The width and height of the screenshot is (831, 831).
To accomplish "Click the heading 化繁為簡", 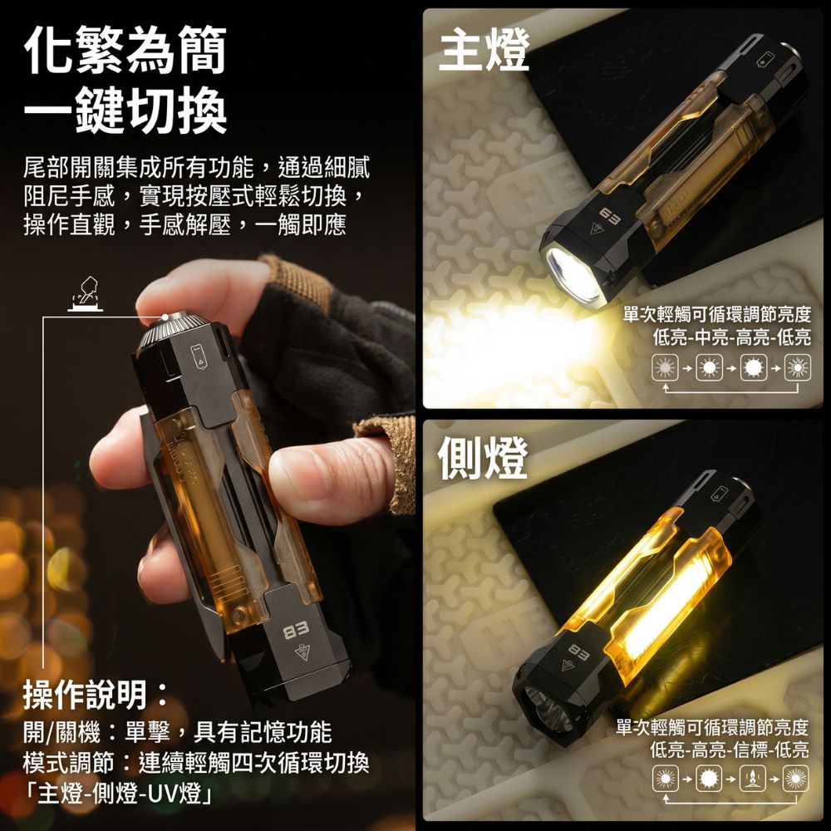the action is pos(125,49).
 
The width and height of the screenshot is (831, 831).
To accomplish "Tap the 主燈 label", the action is pos(484,49).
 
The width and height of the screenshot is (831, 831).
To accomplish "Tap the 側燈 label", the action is pos(483,457).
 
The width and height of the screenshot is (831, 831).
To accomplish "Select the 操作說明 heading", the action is pos(96,695).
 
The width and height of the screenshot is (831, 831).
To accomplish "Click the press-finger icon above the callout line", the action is pos(86,293).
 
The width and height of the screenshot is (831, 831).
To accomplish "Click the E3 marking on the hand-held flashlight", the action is pos(296,632).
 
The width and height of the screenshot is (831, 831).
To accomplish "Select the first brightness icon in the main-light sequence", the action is pos(666,368).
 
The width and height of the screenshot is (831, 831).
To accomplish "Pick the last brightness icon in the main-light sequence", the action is pos(798,368).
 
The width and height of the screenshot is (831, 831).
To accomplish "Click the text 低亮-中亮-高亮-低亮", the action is pos(731,337).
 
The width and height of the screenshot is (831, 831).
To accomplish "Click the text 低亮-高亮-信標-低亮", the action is pos(730,750).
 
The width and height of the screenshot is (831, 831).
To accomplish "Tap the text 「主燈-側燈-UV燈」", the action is pos(118,794).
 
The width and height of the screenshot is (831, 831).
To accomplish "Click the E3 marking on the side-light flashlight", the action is pos(578,652).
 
